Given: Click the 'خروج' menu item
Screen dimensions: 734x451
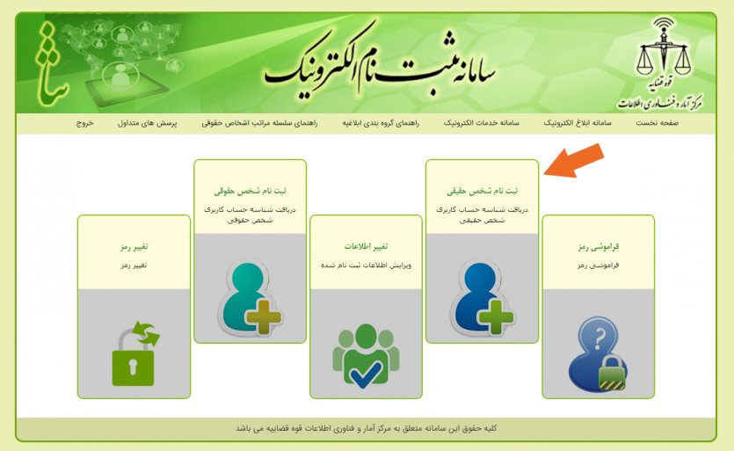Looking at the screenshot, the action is tap(84, 123).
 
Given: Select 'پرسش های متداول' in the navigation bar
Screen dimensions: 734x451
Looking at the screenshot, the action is tap(147, 123).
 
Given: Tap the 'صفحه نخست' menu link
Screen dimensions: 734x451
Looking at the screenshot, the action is tap(657, 123).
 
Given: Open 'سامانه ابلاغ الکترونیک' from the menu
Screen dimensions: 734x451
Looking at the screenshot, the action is tap(578, 123).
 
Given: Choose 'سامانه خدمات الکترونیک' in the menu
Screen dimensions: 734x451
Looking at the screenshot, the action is tap(481, 123).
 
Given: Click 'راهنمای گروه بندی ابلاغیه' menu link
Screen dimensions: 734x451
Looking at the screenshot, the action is tap(381, 123).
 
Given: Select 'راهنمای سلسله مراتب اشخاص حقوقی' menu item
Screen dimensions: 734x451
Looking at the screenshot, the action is tap(259, 123).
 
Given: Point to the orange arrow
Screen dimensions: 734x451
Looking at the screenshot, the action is tap(574, 161).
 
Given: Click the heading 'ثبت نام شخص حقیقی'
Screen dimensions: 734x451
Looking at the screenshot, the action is tap(483, 191).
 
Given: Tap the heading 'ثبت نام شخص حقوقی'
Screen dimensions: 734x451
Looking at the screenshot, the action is tap(250, 191).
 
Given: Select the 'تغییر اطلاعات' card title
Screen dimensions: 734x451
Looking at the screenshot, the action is tap(366, 246).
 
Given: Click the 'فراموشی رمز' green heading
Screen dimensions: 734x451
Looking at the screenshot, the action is tap(599, 246).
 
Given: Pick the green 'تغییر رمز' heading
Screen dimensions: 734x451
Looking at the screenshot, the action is tap(134, 246).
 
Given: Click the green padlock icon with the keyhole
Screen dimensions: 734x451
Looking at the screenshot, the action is tap(134, 366).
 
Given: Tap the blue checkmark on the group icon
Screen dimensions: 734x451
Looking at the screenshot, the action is tap(366, 375).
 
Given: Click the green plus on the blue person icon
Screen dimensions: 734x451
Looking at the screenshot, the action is tap(496, 317).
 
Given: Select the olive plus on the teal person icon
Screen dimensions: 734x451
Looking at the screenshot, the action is tap(264, 317).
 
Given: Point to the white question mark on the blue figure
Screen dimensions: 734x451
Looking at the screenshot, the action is tap(600, 338).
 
